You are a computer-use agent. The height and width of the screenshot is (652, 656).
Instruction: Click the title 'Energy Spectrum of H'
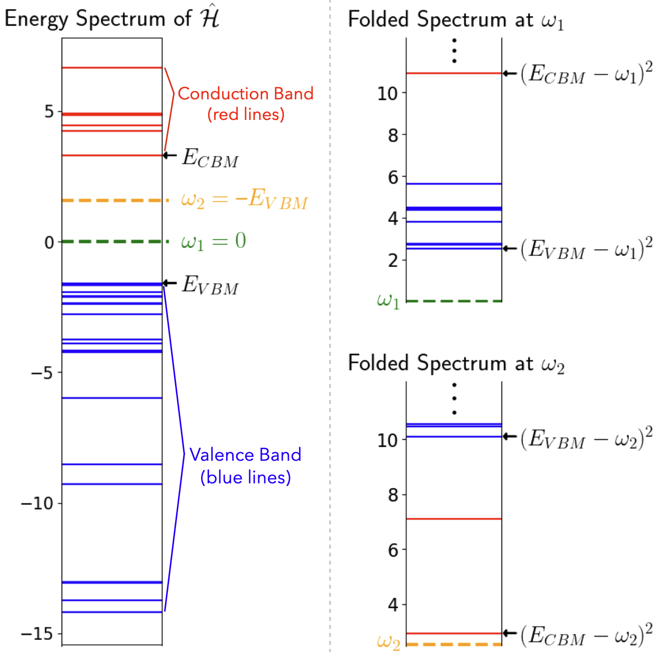pyautogui.click(x=112, y=19)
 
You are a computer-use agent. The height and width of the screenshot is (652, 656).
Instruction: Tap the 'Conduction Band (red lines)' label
pyautogui.click(x=245, y=103)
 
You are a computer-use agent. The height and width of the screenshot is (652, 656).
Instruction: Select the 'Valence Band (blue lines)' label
pyautogui.click(x=245, y=465)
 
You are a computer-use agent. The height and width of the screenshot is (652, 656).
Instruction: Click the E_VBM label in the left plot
pyautogui.click(x=210, y=285)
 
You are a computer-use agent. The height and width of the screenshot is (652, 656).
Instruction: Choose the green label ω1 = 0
pyautogui.click(x=213, y=241)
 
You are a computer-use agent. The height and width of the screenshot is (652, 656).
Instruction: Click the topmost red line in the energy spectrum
pyautogui.click(x=112, y=67)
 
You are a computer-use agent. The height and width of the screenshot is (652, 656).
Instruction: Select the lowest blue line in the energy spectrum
pyautogui.click(x=112, y=612)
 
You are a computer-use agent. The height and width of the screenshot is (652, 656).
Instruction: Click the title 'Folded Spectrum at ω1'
pyautogui.click(x=456, y=20)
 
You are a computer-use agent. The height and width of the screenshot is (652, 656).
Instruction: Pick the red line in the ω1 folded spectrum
pyautogui.click(x=454, y=73)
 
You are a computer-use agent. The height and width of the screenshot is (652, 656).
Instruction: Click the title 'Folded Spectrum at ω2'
pyautogui.click(x=456, y=363)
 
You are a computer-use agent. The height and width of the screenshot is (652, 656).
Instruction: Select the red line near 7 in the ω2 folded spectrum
pyautogui.click(x=454, y=518)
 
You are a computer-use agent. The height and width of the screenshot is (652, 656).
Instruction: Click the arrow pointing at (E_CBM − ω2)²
pyautogui.click(x=510, y=633)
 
